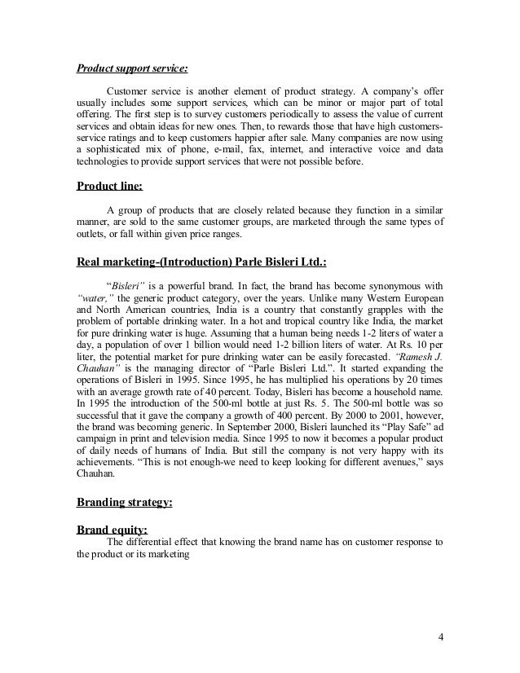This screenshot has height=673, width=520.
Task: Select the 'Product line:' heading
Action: coord(109,186)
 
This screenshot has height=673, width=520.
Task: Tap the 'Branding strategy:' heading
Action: coord(124,503)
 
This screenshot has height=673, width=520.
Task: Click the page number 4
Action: coord(440,636)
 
